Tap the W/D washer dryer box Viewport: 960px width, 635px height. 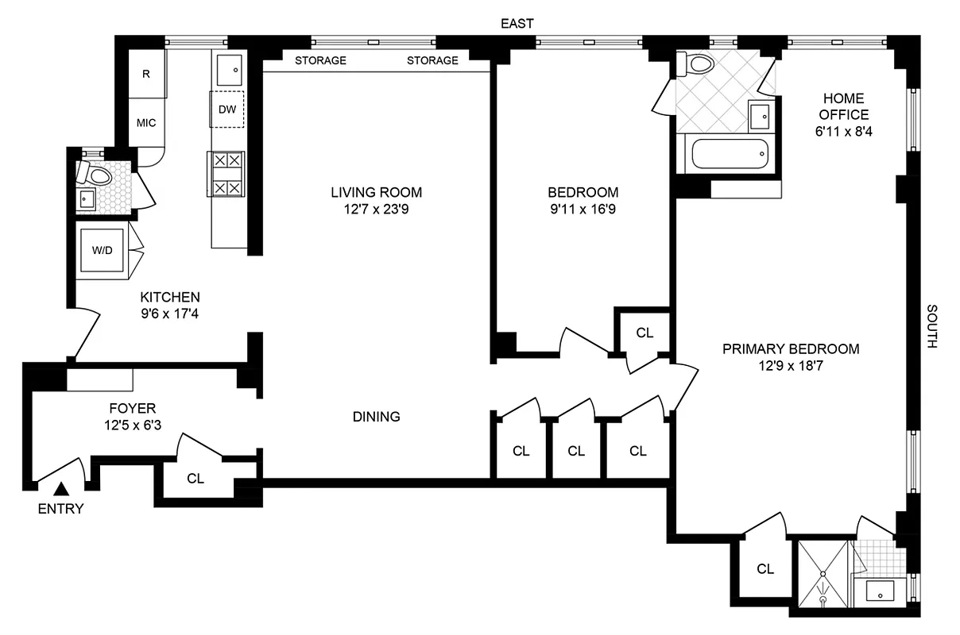tap(103, 250)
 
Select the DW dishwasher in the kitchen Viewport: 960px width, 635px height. tap(226, 110)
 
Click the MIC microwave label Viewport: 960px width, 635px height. tap(146, 123)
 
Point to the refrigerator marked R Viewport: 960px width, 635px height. tap(146, 74)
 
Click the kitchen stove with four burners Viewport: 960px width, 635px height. tap(226, 174)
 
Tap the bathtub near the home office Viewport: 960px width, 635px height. tap(729, 154)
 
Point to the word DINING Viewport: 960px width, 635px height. tap(377, 417)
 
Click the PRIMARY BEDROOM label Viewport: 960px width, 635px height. tap(791, 348)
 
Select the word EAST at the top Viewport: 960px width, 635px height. tap(517, 24)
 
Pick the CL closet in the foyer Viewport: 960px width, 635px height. tap(195, 479)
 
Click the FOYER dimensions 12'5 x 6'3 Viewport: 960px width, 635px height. tap(133, 425)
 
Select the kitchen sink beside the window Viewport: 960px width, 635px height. tap(230, 69)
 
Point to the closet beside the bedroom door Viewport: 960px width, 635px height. tap(645, 333)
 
